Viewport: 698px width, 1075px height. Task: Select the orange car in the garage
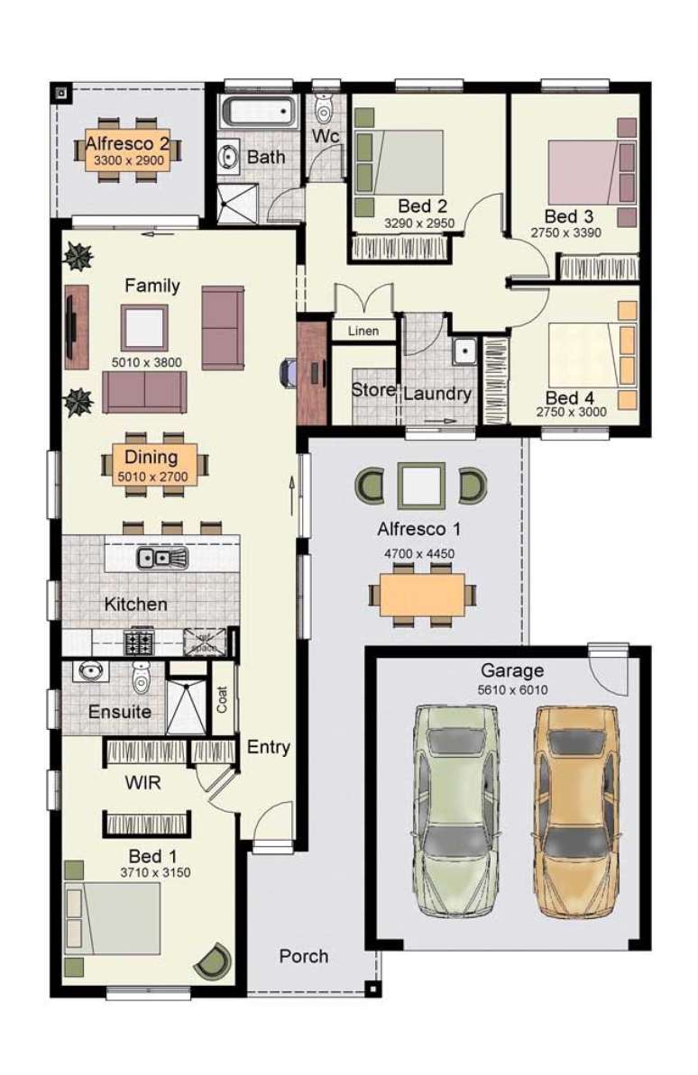[x=576, y=808]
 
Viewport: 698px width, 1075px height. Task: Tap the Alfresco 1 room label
[x=417, y=529]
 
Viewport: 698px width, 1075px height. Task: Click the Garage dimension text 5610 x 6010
[x=511, y=690]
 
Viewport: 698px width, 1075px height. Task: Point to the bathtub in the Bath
[x=260, y=114]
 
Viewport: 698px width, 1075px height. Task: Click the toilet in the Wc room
[x=323, y=109]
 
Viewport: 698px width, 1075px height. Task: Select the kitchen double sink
[x=161, y=559]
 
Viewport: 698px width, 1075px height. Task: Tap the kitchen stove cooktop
[x=141, y=642]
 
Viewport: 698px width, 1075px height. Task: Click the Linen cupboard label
[x=363, y=332]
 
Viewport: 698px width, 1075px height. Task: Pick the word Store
[x=372, y=390]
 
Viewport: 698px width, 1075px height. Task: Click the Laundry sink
[x=465, y=351]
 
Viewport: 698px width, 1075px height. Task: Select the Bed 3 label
[x=568, y=216]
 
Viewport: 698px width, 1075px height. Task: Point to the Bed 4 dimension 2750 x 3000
[x=571, y=413]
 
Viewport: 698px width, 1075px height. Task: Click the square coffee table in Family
[x=144, y=327]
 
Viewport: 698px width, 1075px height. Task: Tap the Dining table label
[x=151, y=457]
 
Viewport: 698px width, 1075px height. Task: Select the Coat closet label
[x=222, y=698]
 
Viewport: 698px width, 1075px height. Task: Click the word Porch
[x=304, y=956]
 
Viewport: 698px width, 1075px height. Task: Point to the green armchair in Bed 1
[x=216, y=961]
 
